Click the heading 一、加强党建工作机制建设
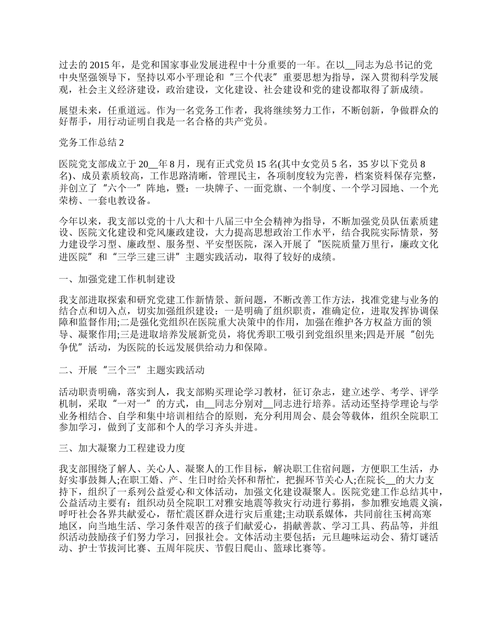[117, 279]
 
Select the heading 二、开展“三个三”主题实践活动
[131, 370]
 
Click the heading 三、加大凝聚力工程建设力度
[121, 448]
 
